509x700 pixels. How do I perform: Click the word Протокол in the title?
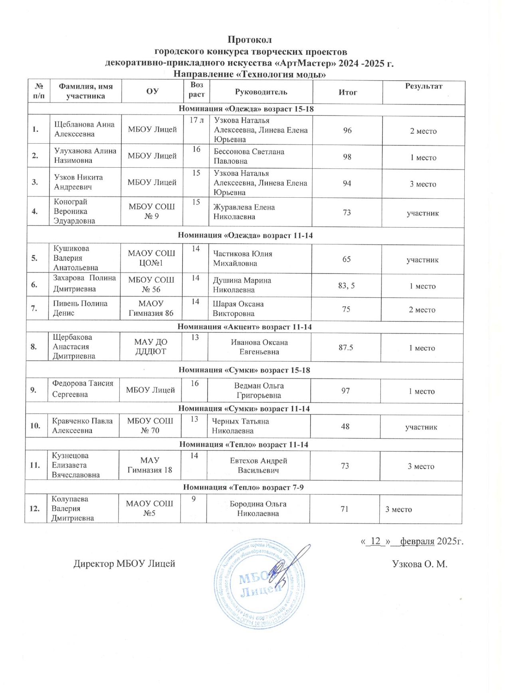click(249, 40)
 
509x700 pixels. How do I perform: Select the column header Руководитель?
click(261, 92)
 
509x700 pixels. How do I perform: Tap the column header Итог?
click(347, 92)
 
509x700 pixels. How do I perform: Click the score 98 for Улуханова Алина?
click(347, 157)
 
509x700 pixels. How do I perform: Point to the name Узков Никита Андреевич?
click(78, 182)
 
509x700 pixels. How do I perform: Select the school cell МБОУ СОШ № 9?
click(151, 212)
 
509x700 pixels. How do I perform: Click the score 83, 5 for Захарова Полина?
click(346, 286)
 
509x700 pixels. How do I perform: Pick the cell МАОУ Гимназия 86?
click(151, 308)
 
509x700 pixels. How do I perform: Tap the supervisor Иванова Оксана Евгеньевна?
click(259, 347)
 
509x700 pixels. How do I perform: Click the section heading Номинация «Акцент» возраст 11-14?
click(244, 327)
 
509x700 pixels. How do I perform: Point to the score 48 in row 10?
click(345, 426)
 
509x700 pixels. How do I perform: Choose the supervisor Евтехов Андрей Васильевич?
click(258, 465)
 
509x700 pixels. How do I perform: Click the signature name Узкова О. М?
click(420, 564)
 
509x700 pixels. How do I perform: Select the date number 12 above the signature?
click(375, 541)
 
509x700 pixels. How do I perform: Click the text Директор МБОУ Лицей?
click(124, 564)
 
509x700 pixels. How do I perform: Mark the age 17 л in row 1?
click(196, 120)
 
